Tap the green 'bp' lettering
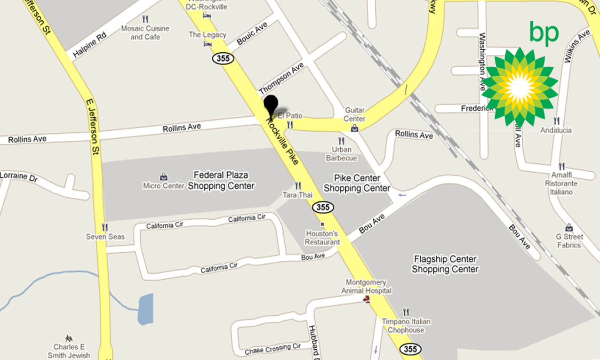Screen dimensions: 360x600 pos(543,33)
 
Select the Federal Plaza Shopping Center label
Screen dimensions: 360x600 pos(221,180)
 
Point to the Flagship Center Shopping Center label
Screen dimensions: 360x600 pos(445,264)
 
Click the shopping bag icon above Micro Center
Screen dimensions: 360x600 pos(164,176)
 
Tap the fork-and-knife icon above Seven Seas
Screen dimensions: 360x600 pos(105,227)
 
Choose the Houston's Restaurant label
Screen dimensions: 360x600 pos(322,237)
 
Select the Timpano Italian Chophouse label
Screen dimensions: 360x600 pos(406,325)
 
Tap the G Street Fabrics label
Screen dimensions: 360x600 pos(569,241)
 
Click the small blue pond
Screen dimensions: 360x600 pos(145,309)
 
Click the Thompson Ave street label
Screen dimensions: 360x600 pos(281,78)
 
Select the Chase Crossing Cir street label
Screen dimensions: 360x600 pos(273,349)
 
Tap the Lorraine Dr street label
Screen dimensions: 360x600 pos(20,176)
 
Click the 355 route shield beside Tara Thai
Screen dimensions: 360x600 pos(323,206)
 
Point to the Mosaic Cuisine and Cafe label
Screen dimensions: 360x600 pos(145,33)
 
